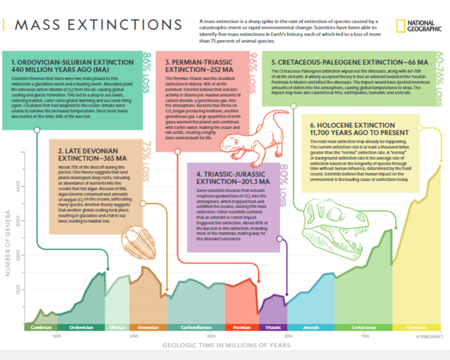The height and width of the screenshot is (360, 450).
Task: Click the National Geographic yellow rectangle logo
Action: coord(400,26)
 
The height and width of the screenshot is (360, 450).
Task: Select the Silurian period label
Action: coord(117,327)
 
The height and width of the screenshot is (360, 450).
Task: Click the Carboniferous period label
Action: coord(196,327)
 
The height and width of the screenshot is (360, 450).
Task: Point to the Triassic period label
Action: coord(273,327)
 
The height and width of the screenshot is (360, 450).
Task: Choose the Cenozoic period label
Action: coord(416,327)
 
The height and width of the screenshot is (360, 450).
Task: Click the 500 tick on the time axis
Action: coord(57,336)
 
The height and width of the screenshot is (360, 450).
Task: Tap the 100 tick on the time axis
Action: coord(365,336)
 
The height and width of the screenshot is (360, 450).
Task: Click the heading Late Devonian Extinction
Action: coord(93,154)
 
